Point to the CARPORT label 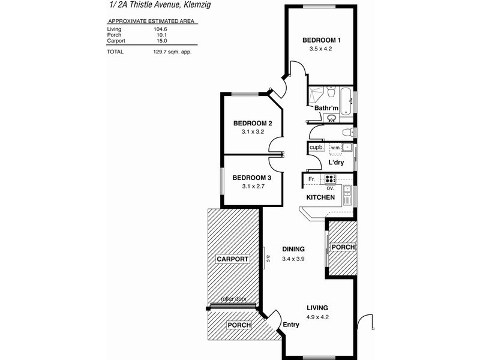click(232, 259)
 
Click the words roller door click(233, 299)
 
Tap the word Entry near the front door click(291, 325)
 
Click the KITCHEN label click(320, 197)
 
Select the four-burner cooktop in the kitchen click(330, 178)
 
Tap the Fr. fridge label click(312, 179)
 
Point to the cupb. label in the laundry click(316, 148)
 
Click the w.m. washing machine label click(335, 147)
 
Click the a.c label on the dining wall click(268, 259)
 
